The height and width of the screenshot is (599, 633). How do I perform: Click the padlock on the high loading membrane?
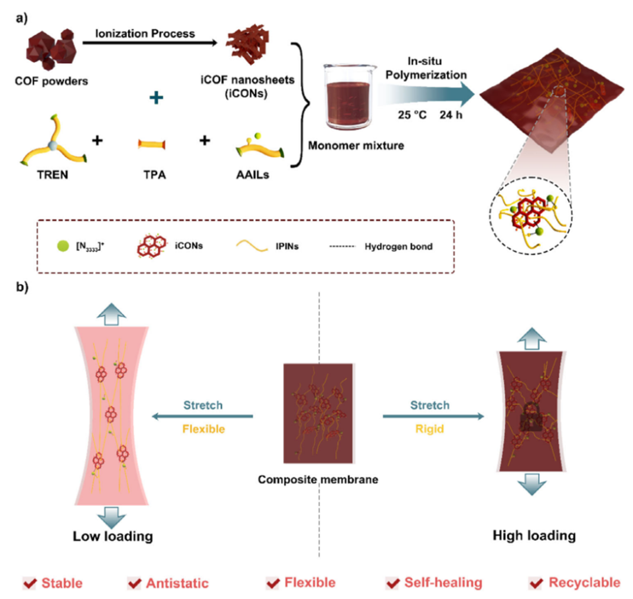[530, 420]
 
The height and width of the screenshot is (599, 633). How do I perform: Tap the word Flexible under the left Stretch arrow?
[202, 428]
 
